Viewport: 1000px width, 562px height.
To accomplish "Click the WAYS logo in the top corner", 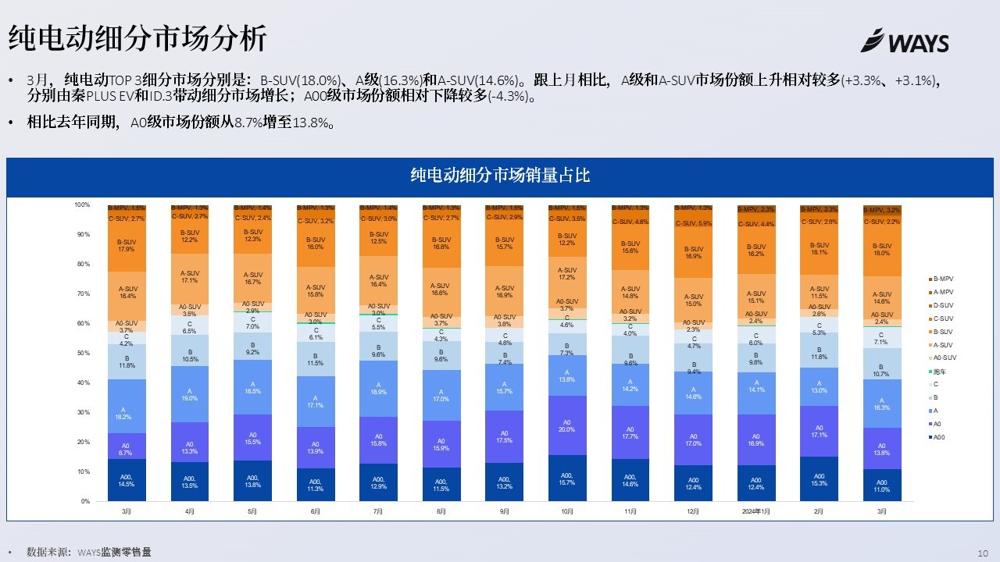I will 905,41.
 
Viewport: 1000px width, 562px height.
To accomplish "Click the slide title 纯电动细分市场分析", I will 137,37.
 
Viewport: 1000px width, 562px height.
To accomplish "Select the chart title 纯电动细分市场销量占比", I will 500,176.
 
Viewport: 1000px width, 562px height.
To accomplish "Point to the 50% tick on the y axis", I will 83,354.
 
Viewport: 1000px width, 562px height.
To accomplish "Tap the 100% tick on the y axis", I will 83,205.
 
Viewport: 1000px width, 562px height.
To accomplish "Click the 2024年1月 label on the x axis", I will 756,512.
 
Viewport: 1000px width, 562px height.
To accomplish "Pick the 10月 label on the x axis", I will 567,512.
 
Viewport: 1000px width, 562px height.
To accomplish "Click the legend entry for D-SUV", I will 943,305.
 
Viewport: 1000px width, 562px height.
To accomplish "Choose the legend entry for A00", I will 940,437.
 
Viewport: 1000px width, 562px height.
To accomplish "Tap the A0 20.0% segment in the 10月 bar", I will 567,425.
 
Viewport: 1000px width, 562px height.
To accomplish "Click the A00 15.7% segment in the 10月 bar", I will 567,478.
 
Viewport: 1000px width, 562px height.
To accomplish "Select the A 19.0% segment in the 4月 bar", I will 190,394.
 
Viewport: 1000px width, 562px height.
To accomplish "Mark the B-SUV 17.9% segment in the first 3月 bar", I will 127,246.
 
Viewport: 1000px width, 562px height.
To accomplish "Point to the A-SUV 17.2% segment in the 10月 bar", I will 567,274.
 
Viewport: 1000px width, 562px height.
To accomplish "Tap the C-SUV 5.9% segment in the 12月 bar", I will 693,223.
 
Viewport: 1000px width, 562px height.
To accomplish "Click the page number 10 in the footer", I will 983,553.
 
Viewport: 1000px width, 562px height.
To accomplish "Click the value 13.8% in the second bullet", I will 313,123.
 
